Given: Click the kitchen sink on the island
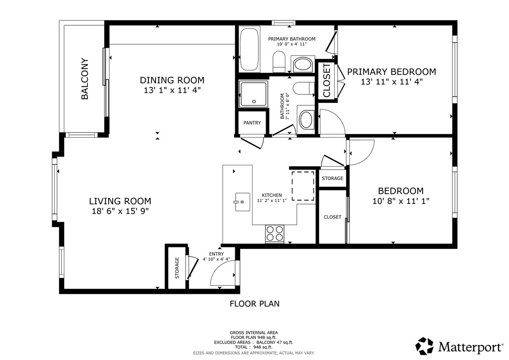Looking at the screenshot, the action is click(242, 202).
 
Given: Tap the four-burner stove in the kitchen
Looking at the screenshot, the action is click(275, 233).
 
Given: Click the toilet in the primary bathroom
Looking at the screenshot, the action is click(279, 63).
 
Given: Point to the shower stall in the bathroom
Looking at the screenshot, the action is click(254, 94).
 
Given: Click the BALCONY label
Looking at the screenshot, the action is click(85, 79).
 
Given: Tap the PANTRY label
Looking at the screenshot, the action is click(252, 123).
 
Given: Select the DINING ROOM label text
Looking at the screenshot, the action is click(172, 80).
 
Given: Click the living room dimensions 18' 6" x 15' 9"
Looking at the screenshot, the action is click(120, 211).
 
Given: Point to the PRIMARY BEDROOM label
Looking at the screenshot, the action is click(392, 72).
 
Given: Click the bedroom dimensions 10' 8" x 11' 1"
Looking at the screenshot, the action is click(400, 201).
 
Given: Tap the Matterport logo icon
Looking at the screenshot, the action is click(424, 346).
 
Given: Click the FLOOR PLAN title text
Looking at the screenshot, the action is click(254, 304).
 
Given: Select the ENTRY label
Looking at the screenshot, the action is click(216, 254).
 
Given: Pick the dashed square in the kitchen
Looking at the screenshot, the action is click(303, 186).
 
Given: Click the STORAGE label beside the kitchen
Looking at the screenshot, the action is click(332, 178).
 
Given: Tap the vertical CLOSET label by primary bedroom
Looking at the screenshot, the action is click(326, 80).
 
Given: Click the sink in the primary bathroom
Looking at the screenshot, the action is click(303, 65).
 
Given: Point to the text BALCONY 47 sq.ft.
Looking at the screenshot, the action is click(275, 343).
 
